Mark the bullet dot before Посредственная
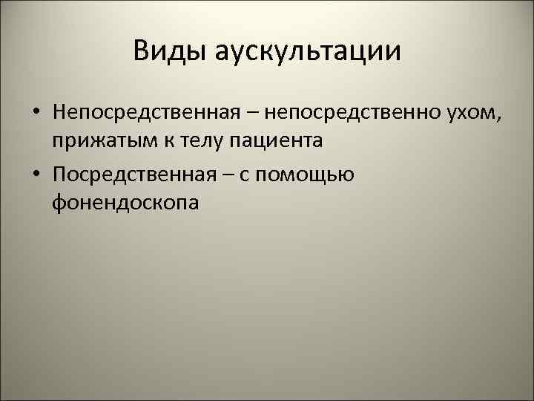coord(36,175)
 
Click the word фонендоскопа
coord(125,202)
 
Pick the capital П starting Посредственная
coord(60,175)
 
